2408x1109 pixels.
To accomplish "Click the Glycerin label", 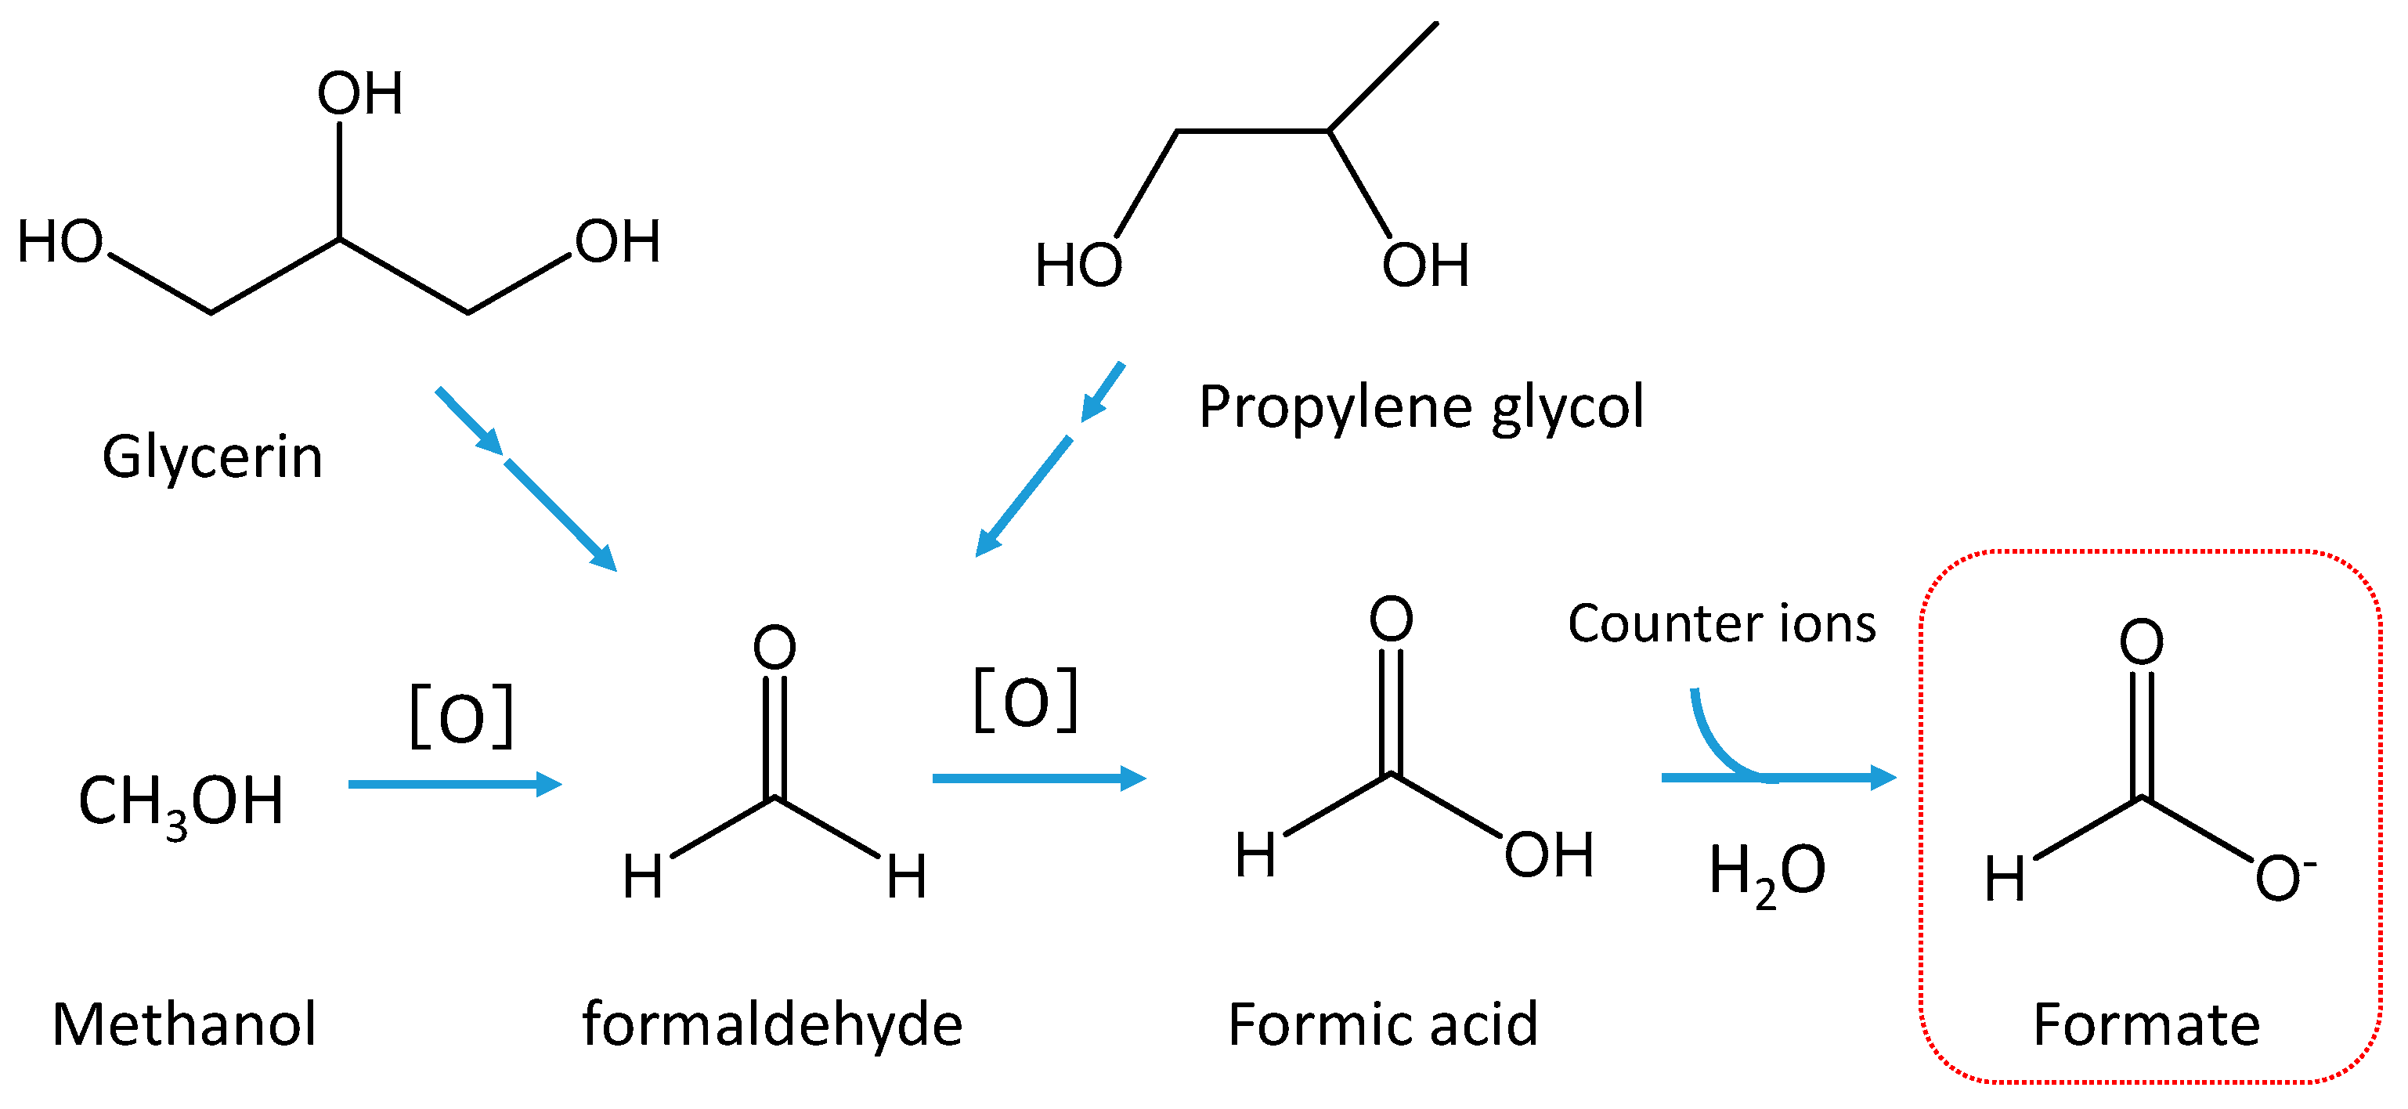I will click(x=212, y=458).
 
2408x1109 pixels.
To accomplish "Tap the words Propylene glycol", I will click(x=1421, y=408).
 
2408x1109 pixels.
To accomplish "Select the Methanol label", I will click(x=184, y=1025).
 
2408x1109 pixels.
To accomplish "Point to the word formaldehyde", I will click(x=772, y=1025).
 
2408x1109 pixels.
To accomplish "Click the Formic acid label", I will click(x=1382, y=1025).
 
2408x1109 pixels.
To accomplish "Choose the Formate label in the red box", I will click(x=2146, y=1025).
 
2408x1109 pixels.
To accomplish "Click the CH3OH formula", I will click(x=180, y=802).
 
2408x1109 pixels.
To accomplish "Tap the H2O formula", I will click(x=1766, y=872).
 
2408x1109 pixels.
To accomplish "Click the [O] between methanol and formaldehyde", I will click(x=462, y=717).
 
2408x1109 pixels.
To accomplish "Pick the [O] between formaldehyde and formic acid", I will click(x=1026, y=700).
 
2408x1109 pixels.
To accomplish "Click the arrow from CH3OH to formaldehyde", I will click(x=454, y=784).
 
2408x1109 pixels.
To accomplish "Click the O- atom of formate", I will click(x=2282, y=879).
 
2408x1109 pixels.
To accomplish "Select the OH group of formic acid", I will click(x=1548, y=855).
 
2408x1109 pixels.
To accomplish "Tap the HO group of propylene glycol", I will click(x=1078, y=266).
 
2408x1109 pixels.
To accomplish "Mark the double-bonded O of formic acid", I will click(x=1391, y=619).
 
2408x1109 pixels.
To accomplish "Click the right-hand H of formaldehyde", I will click(x=906, y=877).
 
